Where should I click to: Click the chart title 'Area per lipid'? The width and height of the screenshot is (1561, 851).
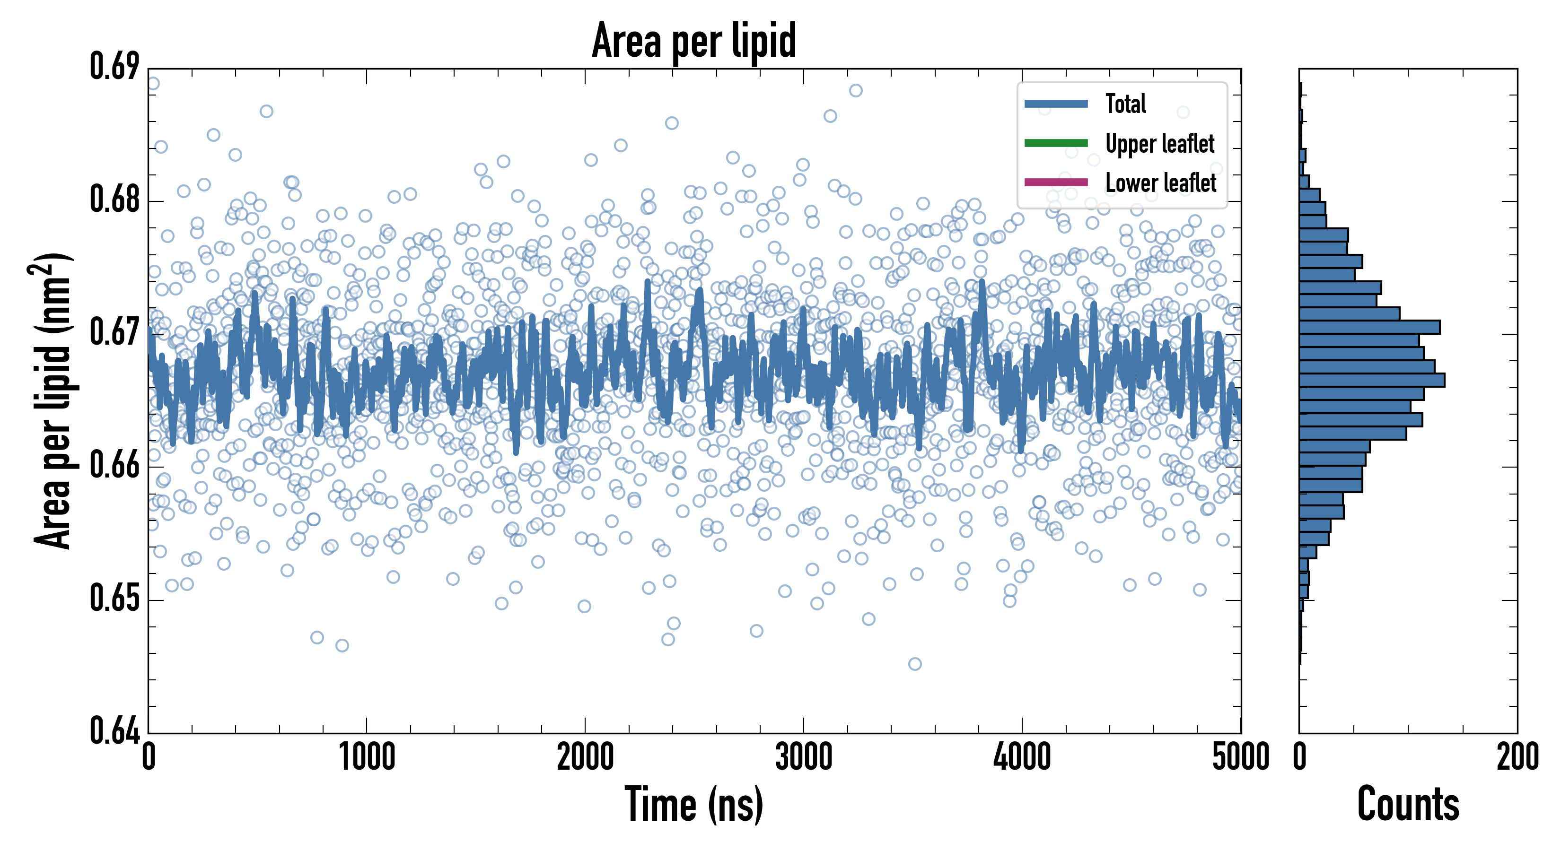click(x=694, y=41)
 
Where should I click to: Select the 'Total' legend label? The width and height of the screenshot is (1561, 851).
click(x=1125, y=104)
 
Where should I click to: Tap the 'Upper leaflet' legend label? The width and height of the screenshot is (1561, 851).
click(x=1159, y=144)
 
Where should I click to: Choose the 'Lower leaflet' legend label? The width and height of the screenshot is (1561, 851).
click(x=1160, y=182)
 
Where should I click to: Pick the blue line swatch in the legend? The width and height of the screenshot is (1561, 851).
click(x=1056, y=104)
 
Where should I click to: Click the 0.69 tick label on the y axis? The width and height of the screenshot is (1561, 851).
click(x=114, y=67)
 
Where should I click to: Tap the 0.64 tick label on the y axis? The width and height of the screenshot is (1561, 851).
click(x=114, y=731)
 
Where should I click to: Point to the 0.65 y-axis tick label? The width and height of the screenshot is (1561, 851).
click(x=114, y=599)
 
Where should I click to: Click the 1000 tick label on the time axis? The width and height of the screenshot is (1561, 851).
click(x=367, y=757)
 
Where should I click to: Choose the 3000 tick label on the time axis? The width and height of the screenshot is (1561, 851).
click(x=804, y=757)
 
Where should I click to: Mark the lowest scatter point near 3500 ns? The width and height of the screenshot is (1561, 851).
click(x=915, y=664)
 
